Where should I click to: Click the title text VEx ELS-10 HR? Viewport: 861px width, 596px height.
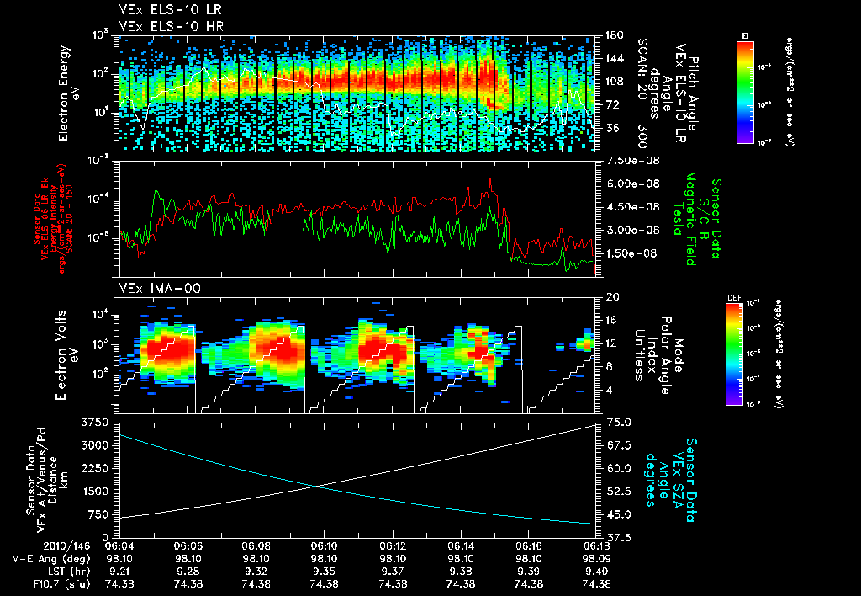point(163,26)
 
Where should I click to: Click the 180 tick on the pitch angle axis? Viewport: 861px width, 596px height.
point(612,35)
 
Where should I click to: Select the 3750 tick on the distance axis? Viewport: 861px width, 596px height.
point(98,422)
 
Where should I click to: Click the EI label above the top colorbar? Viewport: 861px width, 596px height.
point(745,35)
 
